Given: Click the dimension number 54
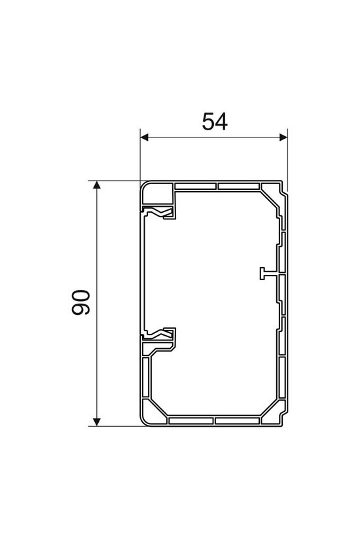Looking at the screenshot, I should (214, 122).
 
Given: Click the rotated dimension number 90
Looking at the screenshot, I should (81, 302).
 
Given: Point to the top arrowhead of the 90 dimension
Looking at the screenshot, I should (98, 186).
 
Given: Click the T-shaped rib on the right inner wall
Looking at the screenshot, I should (263, 274).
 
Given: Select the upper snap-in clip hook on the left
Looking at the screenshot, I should (160, 213).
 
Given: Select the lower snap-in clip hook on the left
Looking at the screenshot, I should (160, 334).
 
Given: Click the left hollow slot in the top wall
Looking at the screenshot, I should (196, 187).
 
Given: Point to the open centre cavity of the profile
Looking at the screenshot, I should (216, 301).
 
